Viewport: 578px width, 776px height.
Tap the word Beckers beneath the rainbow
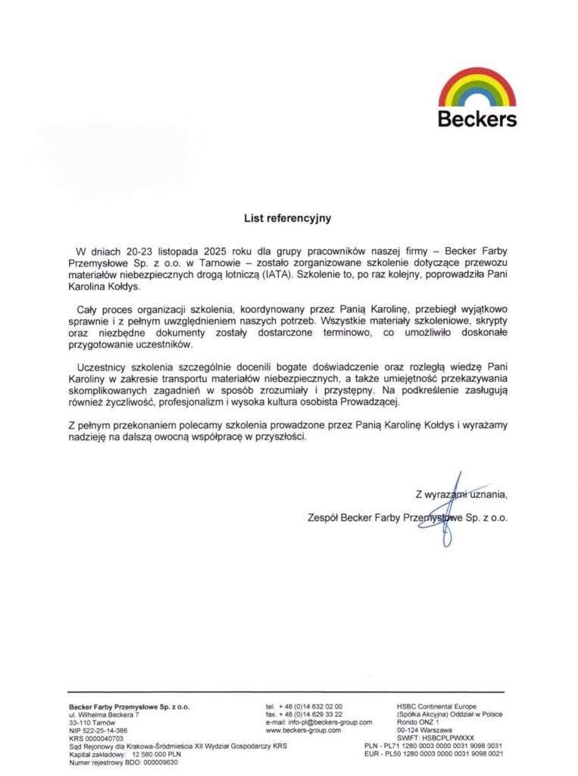tap(477, 119)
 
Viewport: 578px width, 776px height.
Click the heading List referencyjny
tap(287, 217)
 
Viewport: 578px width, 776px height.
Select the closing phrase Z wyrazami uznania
tap(461, 494)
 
